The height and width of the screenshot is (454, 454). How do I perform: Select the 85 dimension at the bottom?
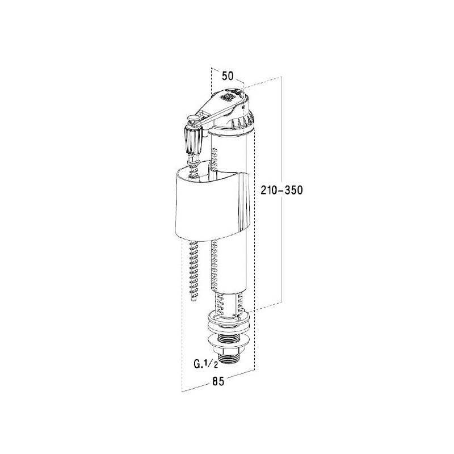[x=218, y=382]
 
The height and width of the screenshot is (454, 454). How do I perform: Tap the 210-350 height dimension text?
[x=282, y=190]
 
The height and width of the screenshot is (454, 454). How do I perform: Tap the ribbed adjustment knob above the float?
[x=192, y=140]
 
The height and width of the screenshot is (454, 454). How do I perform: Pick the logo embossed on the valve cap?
[x=229, y=98]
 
